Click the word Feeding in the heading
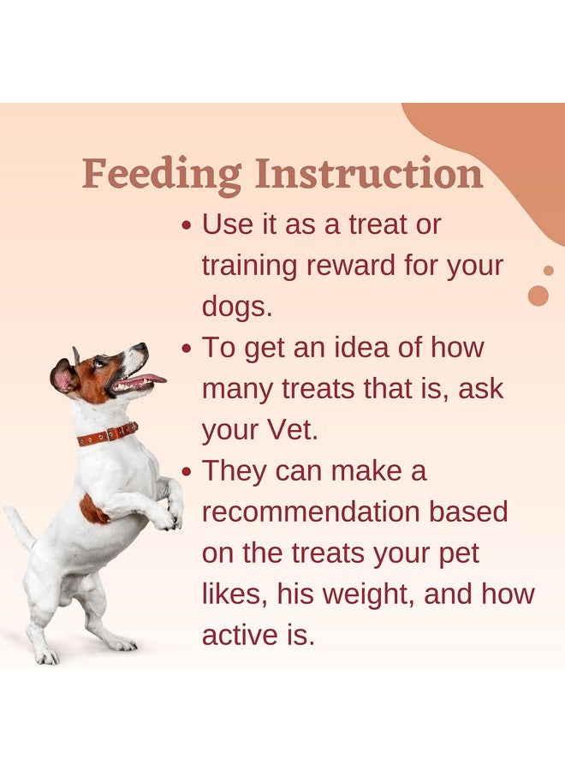coord(162,176)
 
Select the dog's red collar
coord(108,434)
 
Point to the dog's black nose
coord(142,347)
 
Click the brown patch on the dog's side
coord(92,510)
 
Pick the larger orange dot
coord(538,296)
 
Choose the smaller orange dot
coord(549,271)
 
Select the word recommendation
coord(311,511)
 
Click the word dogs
coord(237,308)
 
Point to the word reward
coord(351,266)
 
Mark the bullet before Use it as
coord(186,226)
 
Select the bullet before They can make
coord(186,472)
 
